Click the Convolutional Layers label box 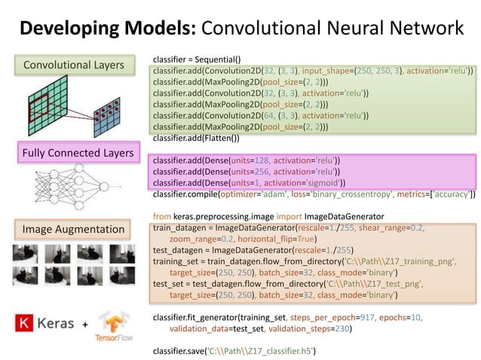click(73, 66)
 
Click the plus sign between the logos click(84, 325)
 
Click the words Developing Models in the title click(106, 29)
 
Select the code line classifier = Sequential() click(196, 59)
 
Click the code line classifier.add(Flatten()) click(196, 138)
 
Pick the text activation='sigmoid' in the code click(307, 182)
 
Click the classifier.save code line click(234, 350)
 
